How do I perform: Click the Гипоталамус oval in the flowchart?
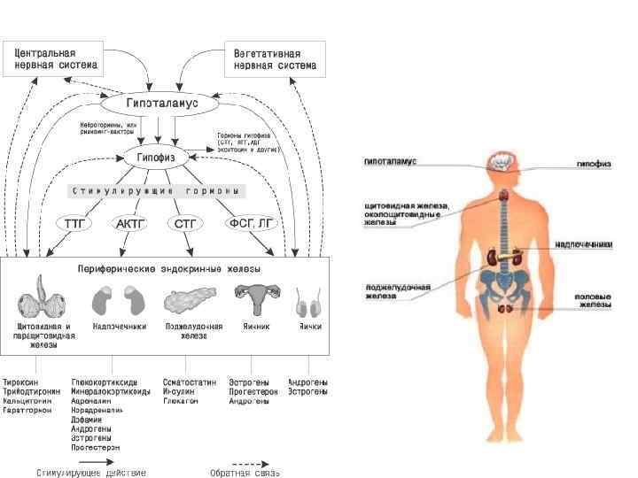[x=158, y=104]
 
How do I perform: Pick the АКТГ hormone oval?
[x=130, y=224]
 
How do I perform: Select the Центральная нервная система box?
[x=56, y=58]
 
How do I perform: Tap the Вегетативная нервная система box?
[x=275, y=58]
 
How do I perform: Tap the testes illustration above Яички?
[x=309, y=304]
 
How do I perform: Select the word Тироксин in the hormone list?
[x=24, y=382]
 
